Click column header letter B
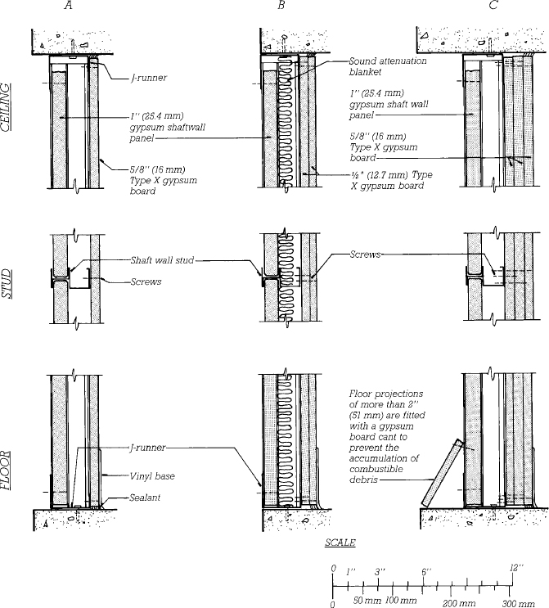(x=281, y=7)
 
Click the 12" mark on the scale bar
(x=511, y=567)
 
